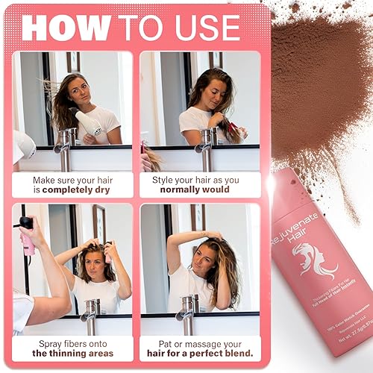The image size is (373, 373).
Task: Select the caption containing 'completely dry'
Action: click(72, 184)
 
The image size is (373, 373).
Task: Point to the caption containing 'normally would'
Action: click(200, 184)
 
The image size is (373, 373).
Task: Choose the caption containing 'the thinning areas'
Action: click(72, 347)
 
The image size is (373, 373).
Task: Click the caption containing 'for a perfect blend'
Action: click(200, 347)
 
